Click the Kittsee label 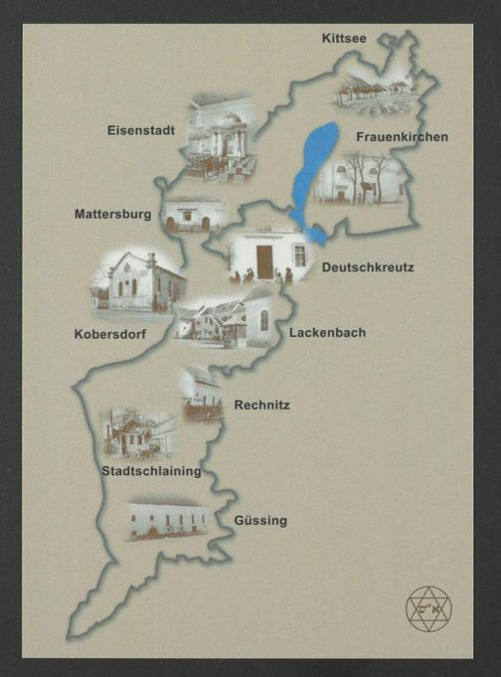345,39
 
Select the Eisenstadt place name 142,129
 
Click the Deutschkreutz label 367,267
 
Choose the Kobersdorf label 109,335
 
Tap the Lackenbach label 327,333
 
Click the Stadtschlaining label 151,471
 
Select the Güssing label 261,520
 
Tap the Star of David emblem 428,608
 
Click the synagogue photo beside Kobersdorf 138,282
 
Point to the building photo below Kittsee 372,89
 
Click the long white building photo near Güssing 168,520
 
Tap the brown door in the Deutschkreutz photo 264,261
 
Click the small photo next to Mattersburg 192,215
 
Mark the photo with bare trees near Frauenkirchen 360,179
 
